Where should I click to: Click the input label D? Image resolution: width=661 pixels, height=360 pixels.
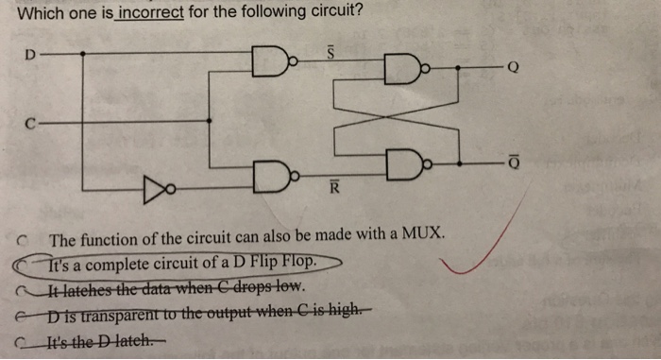pos(28,56)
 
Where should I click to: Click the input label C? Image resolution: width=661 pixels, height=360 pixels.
pos(30,121)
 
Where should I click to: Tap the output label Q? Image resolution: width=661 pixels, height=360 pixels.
pos(513,67)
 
